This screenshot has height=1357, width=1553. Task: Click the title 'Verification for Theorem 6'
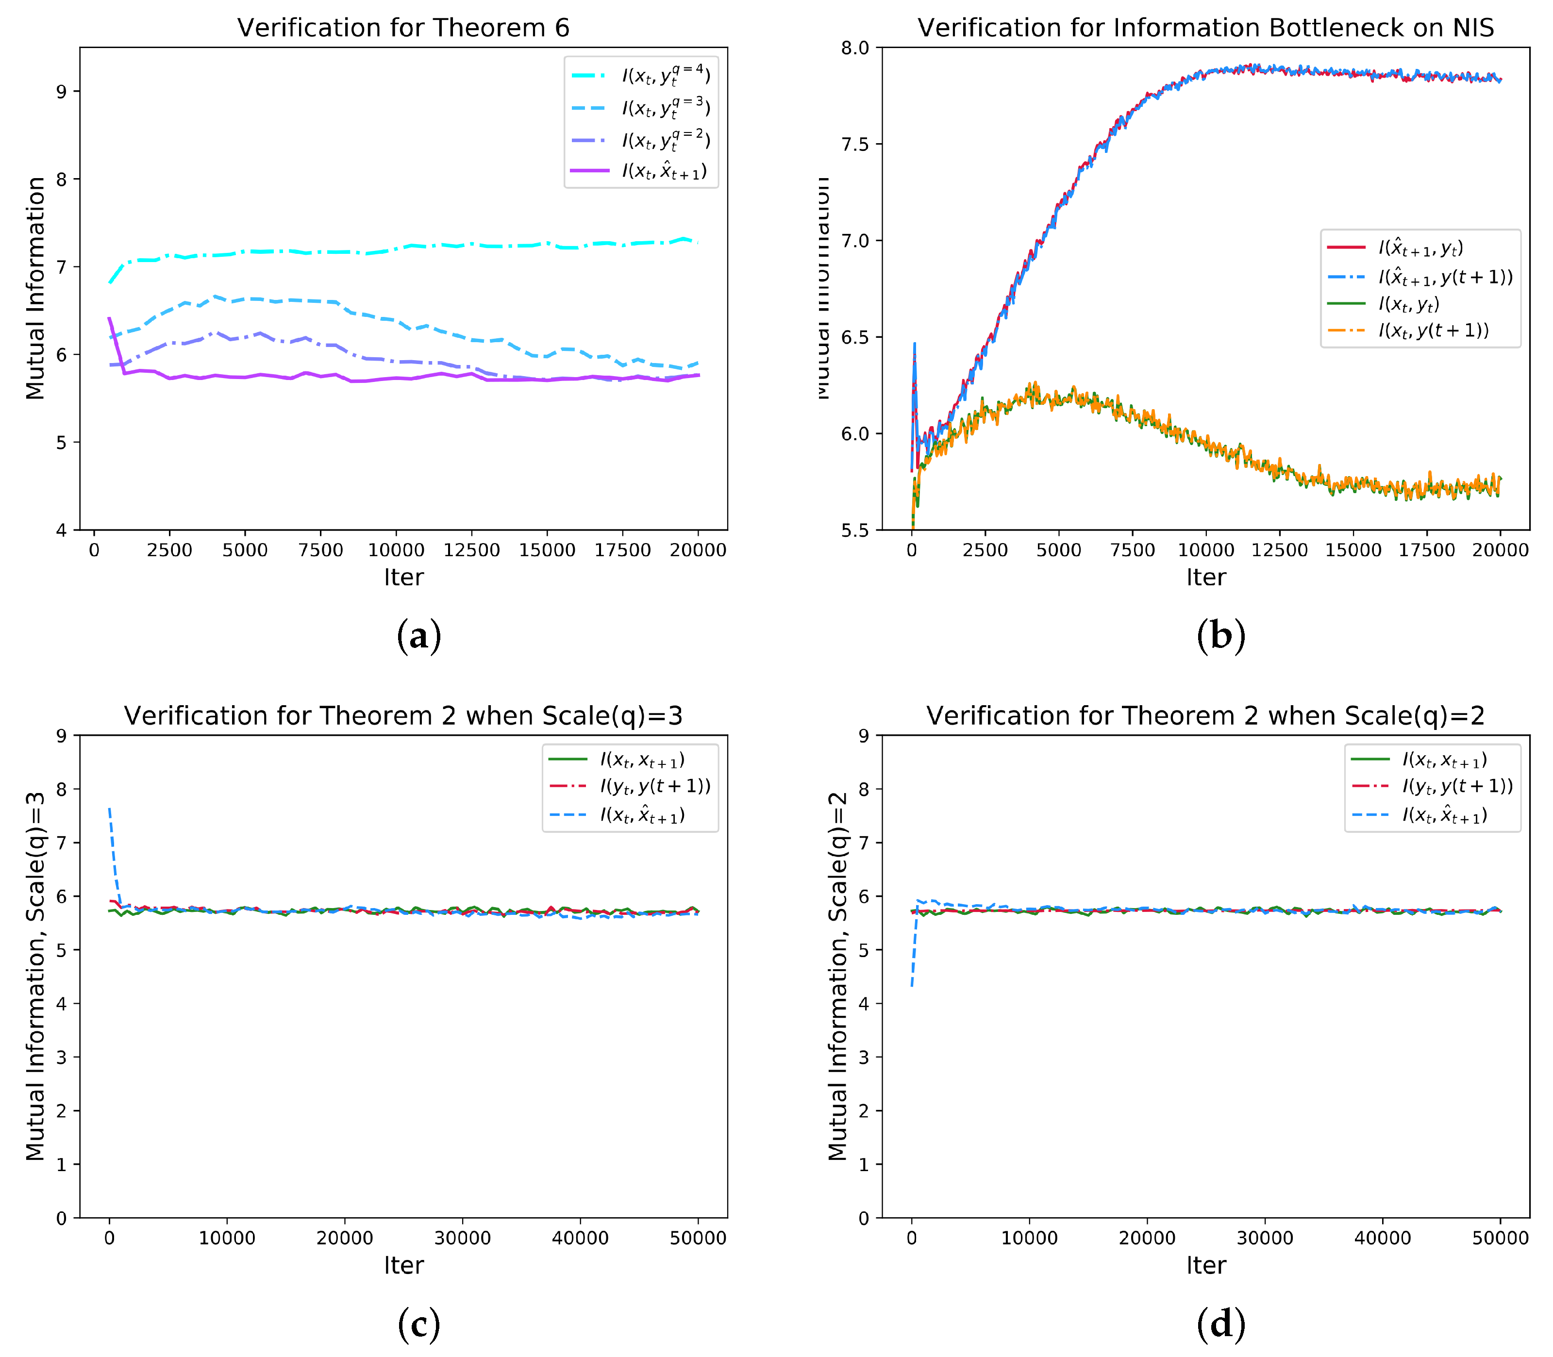pos(403,28)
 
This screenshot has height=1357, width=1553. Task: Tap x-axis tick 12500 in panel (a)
pos(471,550)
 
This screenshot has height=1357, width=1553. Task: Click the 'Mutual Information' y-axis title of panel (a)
pos(35,288)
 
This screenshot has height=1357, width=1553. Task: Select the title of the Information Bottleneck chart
pos(1205,28)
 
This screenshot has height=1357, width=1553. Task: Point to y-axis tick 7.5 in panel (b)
pos(856,144)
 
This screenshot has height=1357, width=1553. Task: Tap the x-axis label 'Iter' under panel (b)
pos(1205,577)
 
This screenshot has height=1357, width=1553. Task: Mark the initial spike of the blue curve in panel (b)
pos(915,345)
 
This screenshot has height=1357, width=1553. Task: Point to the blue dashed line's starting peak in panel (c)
pos(110,810)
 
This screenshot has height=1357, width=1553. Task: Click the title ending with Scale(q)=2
pos(1205,715)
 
